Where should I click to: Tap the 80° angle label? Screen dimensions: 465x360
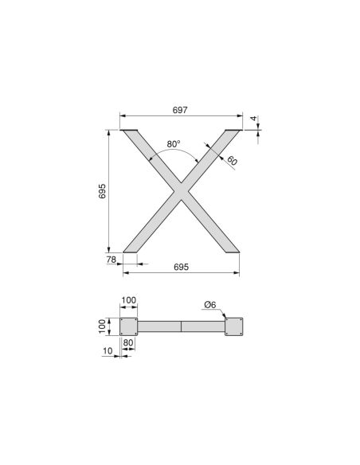tap(174, 144)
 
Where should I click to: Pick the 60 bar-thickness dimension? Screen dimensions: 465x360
tap(233, 161)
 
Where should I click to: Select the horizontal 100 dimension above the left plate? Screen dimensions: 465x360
tap(128, 301)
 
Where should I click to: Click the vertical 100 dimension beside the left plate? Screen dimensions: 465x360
tap(103, 326)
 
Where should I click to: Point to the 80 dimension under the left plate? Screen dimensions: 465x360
tap(128, 343)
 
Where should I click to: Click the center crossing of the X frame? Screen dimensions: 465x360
tap(180, 191)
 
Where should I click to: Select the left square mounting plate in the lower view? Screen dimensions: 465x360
tap(128, 326)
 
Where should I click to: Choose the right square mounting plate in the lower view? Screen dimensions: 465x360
tap(235, 326)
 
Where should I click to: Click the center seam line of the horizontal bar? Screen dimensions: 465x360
tap(182, 326)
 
